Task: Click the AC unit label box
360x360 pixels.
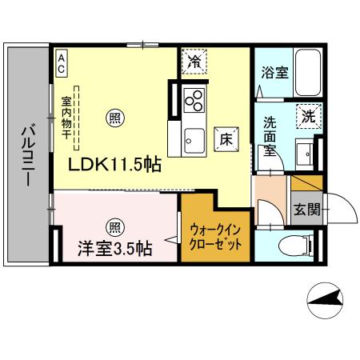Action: [x=61, y=62]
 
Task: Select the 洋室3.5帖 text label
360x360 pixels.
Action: [x=114, y=248]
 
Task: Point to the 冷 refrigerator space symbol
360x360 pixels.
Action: [x=194, y=62]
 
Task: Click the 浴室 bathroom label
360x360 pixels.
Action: [x=274, y=72]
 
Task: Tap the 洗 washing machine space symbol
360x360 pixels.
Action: [x=308, y=116]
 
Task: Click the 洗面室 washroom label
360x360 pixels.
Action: [x=274, y=136]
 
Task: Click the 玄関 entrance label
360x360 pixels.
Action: [x=306, y=211]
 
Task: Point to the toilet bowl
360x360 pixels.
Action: [x=290, y=246]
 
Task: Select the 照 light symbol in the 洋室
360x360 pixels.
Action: [x=115, y=226]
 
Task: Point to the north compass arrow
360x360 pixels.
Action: [x=328, y=300]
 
